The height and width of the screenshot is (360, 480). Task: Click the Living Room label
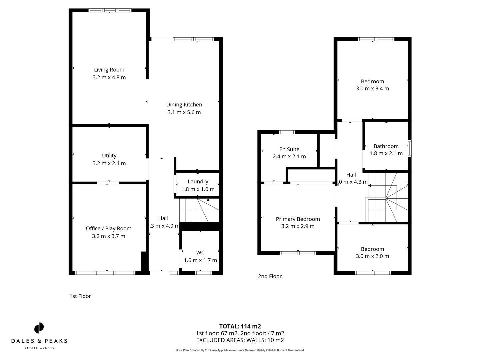pyautogui.click(x=109, y=70)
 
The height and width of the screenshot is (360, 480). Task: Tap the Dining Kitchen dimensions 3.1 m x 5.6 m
pyautogui.click(x=184, y=112)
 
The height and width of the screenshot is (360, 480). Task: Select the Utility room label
pyautogui.click(x=109, y=156)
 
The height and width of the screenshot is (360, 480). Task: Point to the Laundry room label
pyautogui.click(x=198, y=182)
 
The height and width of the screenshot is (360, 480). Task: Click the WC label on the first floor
pyautogui.click(x=200, y=253)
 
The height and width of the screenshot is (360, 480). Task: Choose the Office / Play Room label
pyautogui.click(x=109, y=228)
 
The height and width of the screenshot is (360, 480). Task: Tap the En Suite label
pyautogui.click(x=289, y=149)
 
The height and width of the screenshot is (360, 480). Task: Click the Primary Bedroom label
pyautogui.click(x=298, y=219)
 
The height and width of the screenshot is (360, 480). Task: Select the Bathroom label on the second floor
pyautogui.click(x=386, y=146)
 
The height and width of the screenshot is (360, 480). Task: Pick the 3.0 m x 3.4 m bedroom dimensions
pyautogui.click(x=372, y=89)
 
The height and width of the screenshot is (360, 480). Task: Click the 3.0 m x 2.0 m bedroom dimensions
pyautogui.click(x=372, y=256)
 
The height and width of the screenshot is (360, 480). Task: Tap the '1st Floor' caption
pyautogui.click(x=80, y=296)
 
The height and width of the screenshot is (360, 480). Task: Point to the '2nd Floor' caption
pyautogui.click(x=270, y=276)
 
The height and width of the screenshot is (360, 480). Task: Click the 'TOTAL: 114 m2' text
pyautogui.click(x=240, y=326)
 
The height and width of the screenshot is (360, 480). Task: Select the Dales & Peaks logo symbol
pyautogui.click(x=39, y=328)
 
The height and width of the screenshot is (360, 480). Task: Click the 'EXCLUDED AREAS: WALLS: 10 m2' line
pyautogui.click(x=240, y=340)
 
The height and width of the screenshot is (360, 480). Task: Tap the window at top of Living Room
pyautogui.click(x=110, y=11)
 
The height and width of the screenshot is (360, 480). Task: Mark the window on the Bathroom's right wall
pyautogui.click(x=410, y=148)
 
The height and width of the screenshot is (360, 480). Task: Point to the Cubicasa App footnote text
pyautogui.click(x=240, y=350)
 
